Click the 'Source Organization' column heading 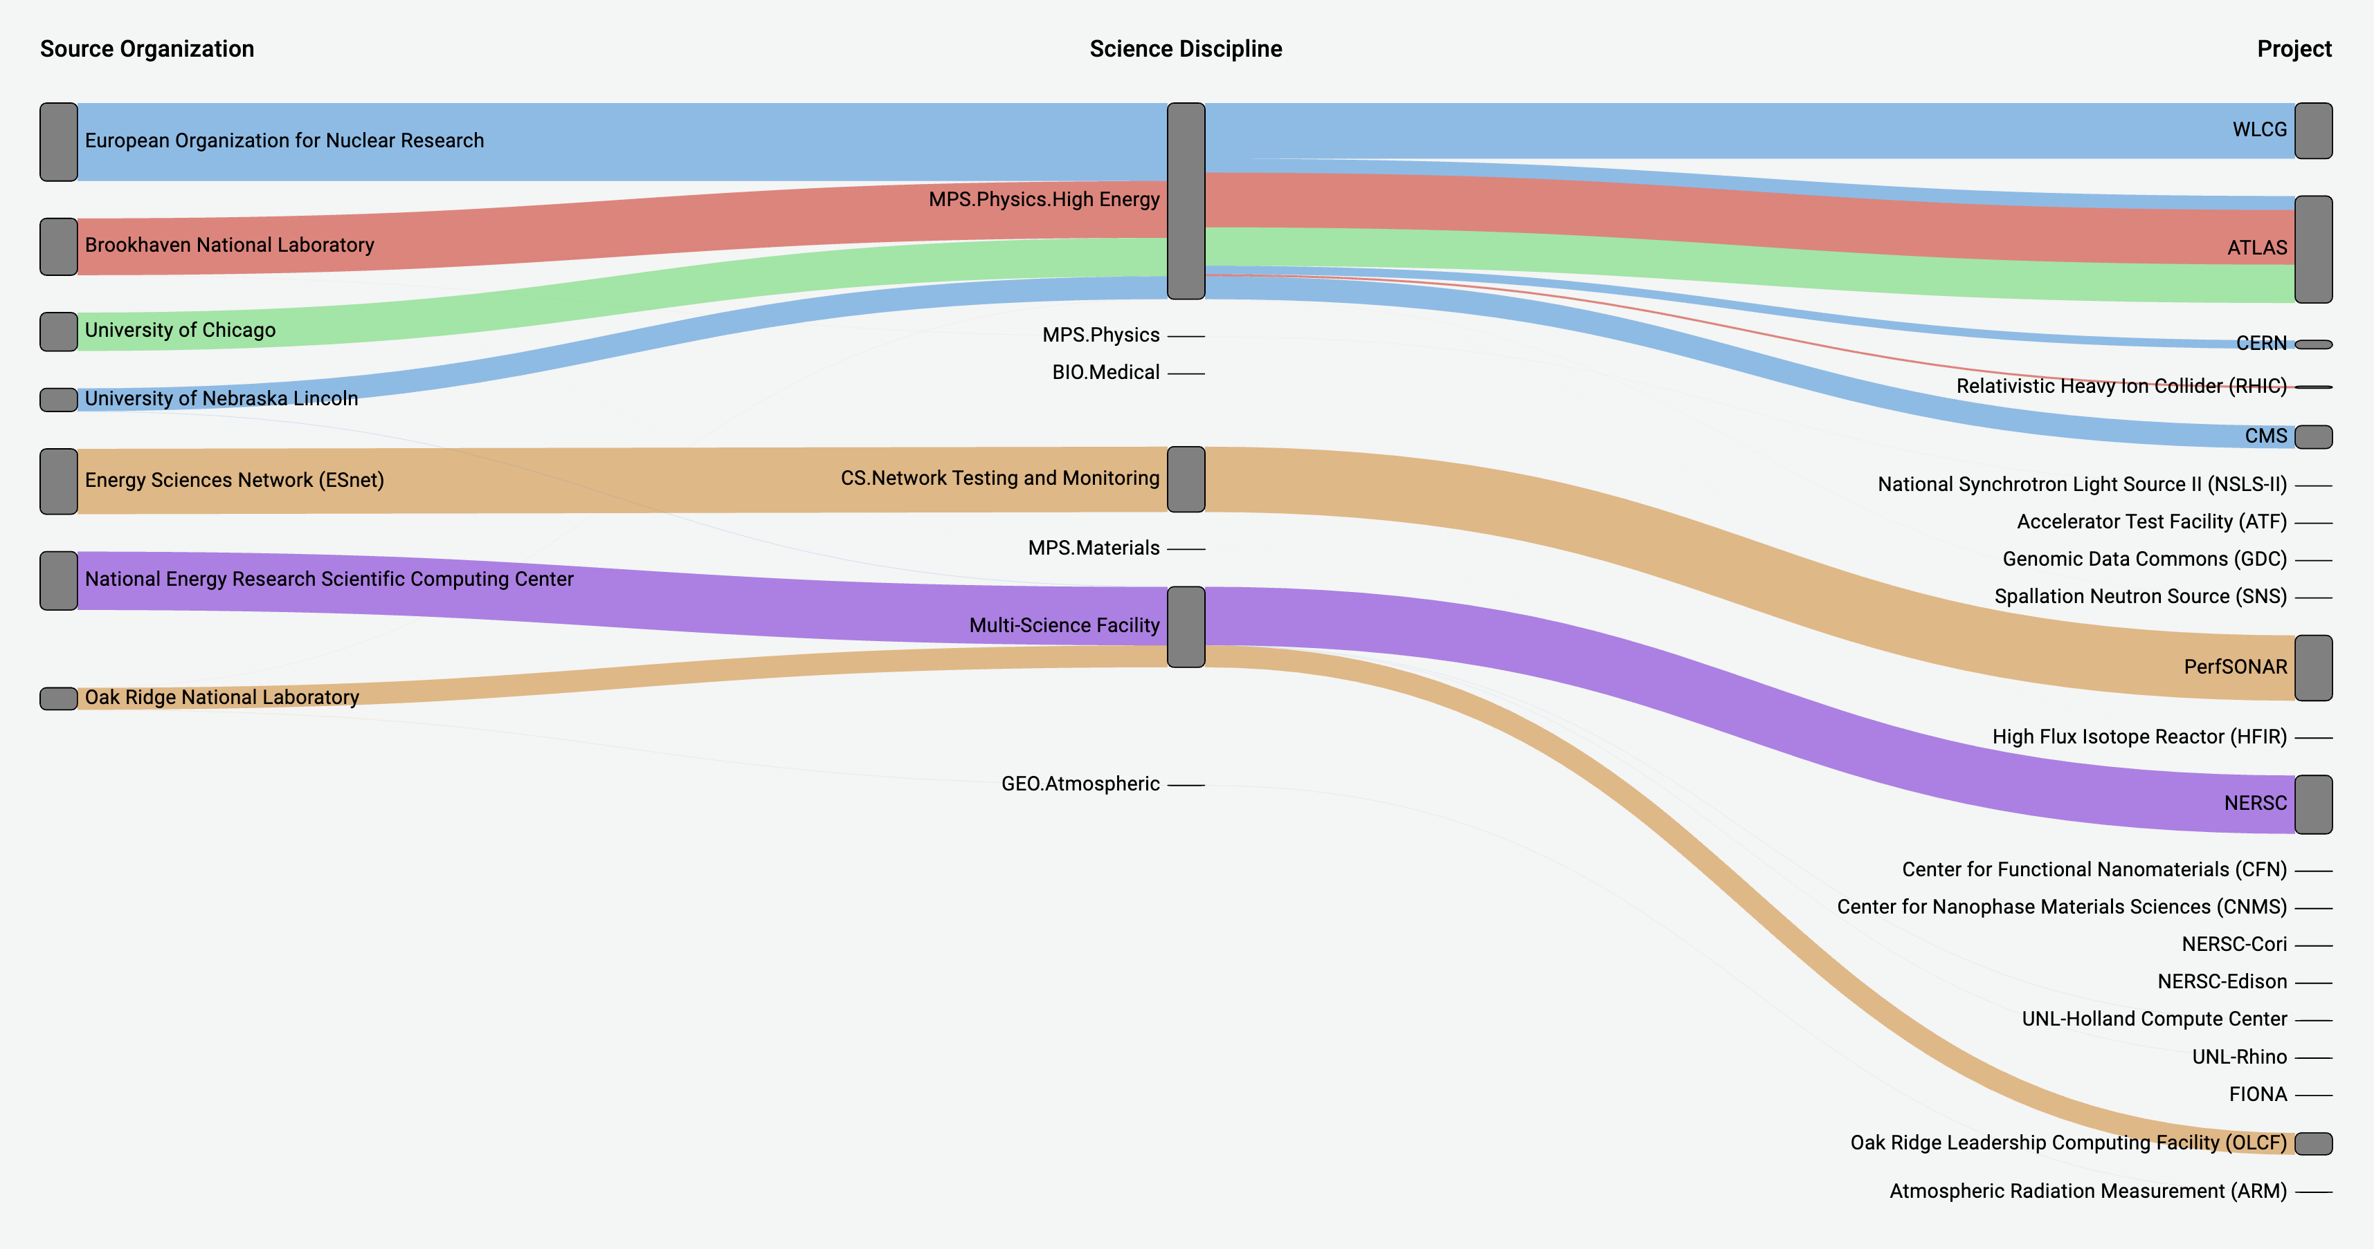pyautogui.click(x=147, y=49)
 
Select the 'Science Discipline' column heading pyautogui.click(x=1185, y=49)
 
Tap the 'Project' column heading pyautogui.click(x=2293, y=49)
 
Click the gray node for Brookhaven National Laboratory pyautogui.click(x=58, y=247)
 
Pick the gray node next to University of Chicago pyautogui.click(x=58, y=331)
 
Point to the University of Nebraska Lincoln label pyautogui.click(x=221, y=398)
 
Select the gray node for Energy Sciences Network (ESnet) pyautogui.click(x=58, y=481)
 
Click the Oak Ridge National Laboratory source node pyautogui.click(x=58, y=698)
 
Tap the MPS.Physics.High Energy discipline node pyautogui.click(x=1185, y=201)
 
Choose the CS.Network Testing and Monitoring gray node pyautogui.click(x=1185, y=479)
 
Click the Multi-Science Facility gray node pyautogui.click(x=1185, y=627)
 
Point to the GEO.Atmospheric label pyautogui.click(x=1080, y=784)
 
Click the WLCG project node pyautogui.click(x=2312, y=131)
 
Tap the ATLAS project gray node pyautogui.click(x=2312, y=249)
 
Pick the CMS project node pyautogui.click(x=2312, y=436)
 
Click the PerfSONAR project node pyautogui.click(x=2312, y=668)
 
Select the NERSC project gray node pyautogui.click(x=2312, y=804)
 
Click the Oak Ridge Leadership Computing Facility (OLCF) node pyautogui.click(x=2312, y=1143)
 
